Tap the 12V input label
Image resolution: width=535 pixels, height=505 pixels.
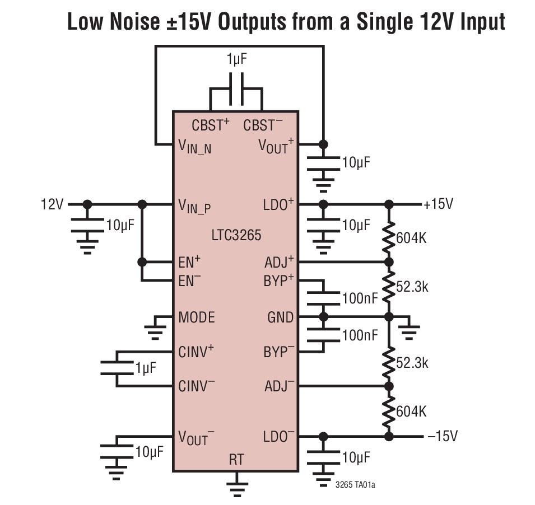click(x=52, y=204)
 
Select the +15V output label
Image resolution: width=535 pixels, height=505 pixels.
click(x=438, y=204)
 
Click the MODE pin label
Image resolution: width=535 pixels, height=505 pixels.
click(x=197, y=317)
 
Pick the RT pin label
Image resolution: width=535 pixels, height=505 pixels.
click(x=236, y=460)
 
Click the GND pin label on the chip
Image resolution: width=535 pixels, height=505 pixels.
click(x=280, y=317)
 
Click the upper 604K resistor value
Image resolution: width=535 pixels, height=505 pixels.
click(x=411, y=238)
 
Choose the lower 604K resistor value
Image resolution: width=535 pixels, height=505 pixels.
click(x=411, y=412)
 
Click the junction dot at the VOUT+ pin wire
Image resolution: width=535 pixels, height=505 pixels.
click(x=323, y=144)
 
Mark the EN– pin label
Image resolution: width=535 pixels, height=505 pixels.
click(x=190, y=281)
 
